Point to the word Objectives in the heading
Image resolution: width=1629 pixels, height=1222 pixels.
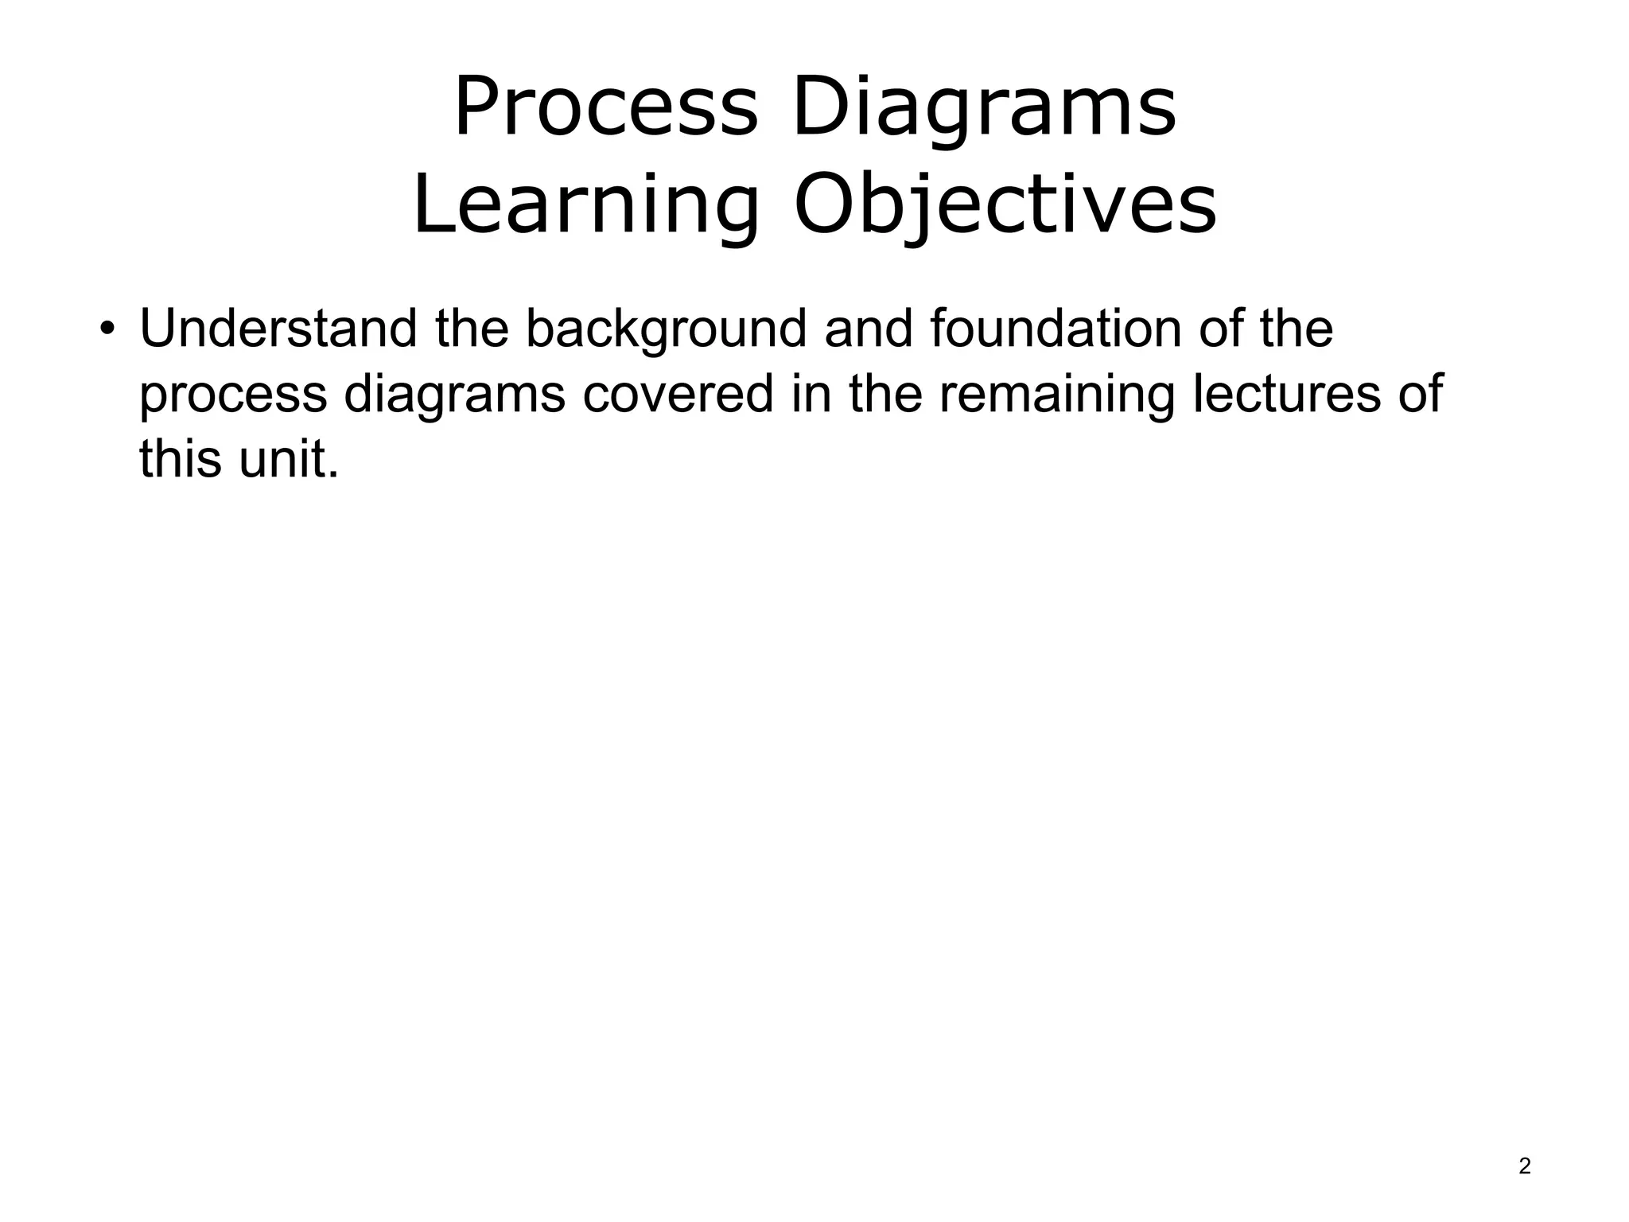pos(1005,204)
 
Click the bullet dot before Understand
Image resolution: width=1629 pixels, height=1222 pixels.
pos(107,330)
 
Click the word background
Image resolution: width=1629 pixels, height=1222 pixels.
pos(666,329)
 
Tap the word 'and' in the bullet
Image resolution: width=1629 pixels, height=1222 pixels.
pos(869,329)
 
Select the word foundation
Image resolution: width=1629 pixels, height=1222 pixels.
pos(1055,329)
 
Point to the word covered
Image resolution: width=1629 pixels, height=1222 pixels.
pos(678,394)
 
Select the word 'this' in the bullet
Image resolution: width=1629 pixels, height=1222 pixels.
pos(180,459)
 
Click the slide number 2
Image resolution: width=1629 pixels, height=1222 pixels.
pos(1524,1166)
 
